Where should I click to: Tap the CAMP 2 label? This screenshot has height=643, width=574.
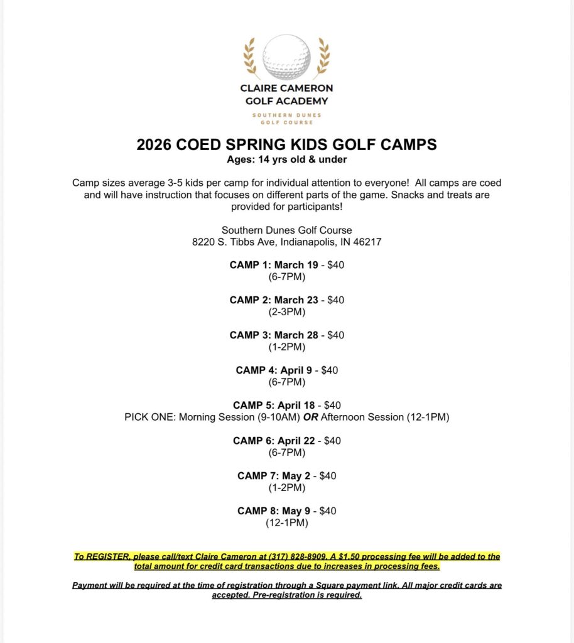249,300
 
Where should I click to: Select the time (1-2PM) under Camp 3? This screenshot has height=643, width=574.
286,347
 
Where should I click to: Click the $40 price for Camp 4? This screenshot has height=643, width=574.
329,370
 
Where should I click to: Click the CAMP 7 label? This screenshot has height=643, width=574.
256,476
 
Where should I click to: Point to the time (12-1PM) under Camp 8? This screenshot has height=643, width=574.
286,522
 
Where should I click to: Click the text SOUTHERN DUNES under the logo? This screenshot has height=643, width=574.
286,115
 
